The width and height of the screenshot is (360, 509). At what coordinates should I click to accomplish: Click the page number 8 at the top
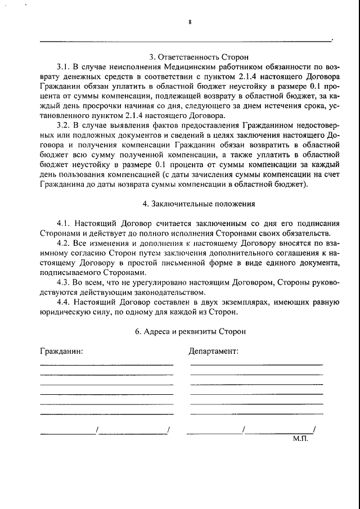pos(190,22)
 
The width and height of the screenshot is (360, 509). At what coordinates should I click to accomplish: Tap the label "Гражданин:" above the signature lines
pos(62,352)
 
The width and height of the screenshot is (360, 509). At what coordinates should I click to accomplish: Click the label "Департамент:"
pos(213,352)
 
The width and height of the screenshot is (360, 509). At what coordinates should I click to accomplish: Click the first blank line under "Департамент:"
pos(256,366)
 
